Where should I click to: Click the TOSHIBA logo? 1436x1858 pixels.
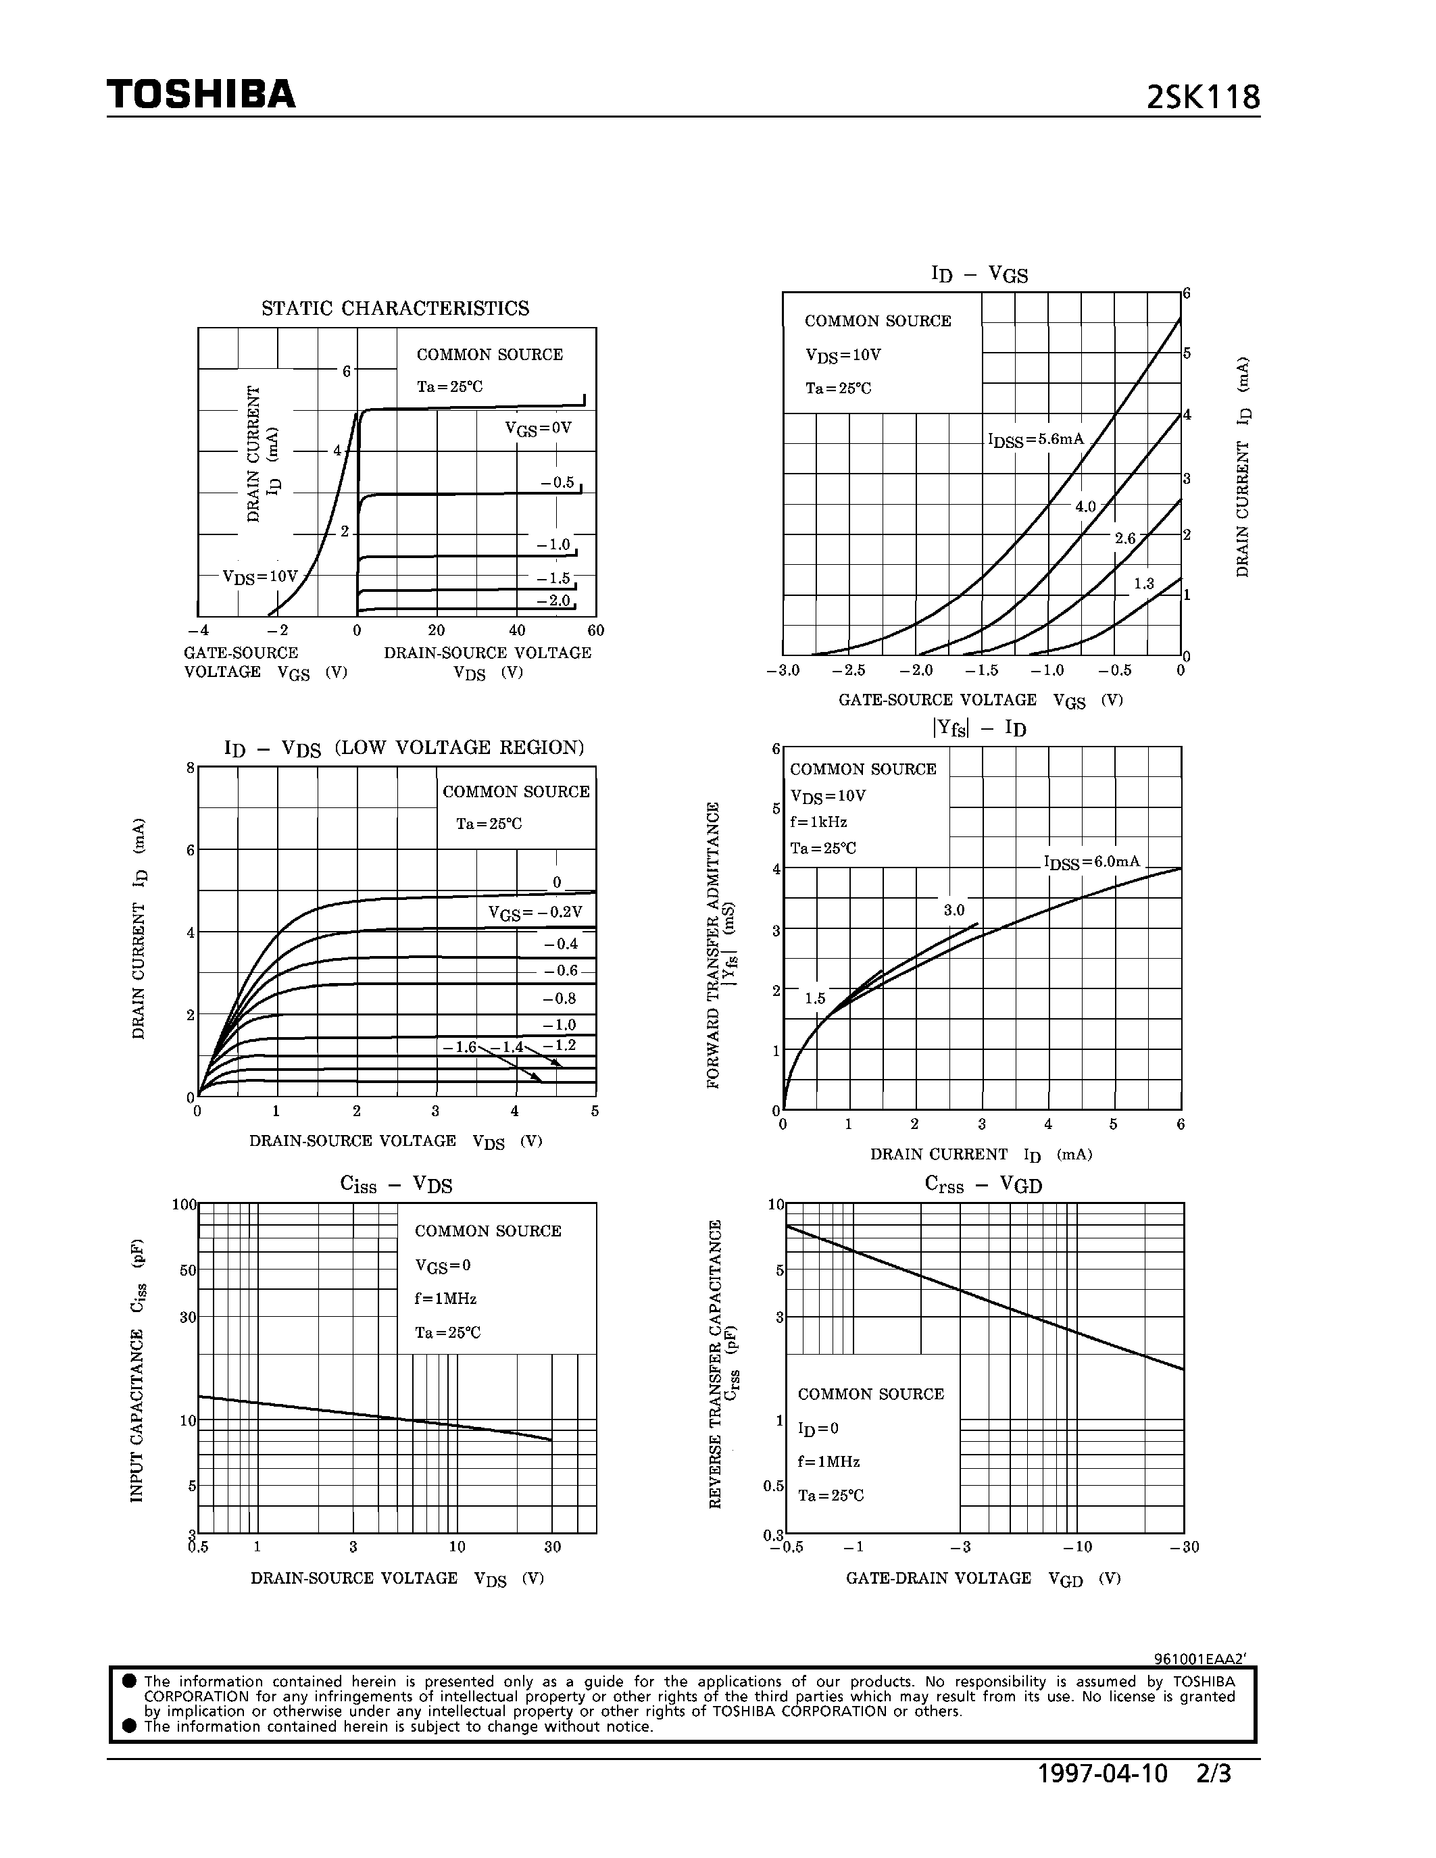[201, 95]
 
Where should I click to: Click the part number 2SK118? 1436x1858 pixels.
[1202, 98]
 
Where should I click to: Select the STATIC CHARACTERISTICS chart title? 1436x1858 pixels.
[395, 308]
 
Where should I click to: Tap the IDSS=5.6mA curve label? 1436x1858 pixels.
[1035, 440]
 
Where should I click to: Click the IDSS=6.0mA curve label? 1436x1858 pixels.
[1091, 862]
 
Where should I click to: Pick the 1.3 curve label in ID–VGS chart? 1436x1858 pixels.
[1143, 584]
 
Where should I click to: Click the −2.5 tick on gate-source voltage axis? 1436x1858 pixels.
[848, 670]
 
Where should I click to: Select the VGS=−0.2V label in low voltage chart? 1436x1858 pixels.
[535, 913]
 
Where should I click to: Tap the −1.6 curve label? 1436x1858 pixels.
[460, 1047]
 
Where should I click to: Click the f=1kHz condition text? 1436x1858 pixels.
[818, 822]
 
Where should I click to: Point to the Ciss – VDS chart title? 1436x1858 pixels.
[395, 1184]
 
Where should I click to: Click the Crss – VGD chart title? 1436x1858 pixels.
[983, 1184]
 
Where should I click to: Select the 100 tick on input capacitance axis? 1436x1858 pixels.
[184, 1205]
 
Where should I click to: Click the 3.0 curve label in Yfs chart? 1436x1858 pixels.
[954, 910]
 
